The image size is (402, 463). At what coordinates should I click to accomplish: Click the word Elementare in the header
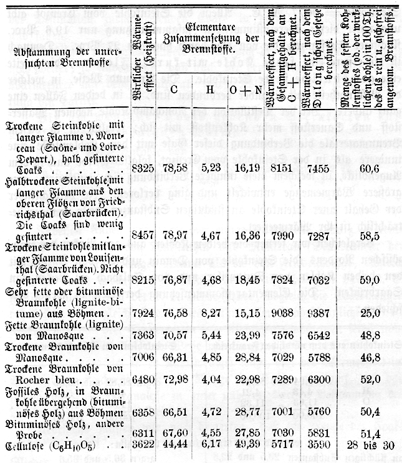click(208, 27)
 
